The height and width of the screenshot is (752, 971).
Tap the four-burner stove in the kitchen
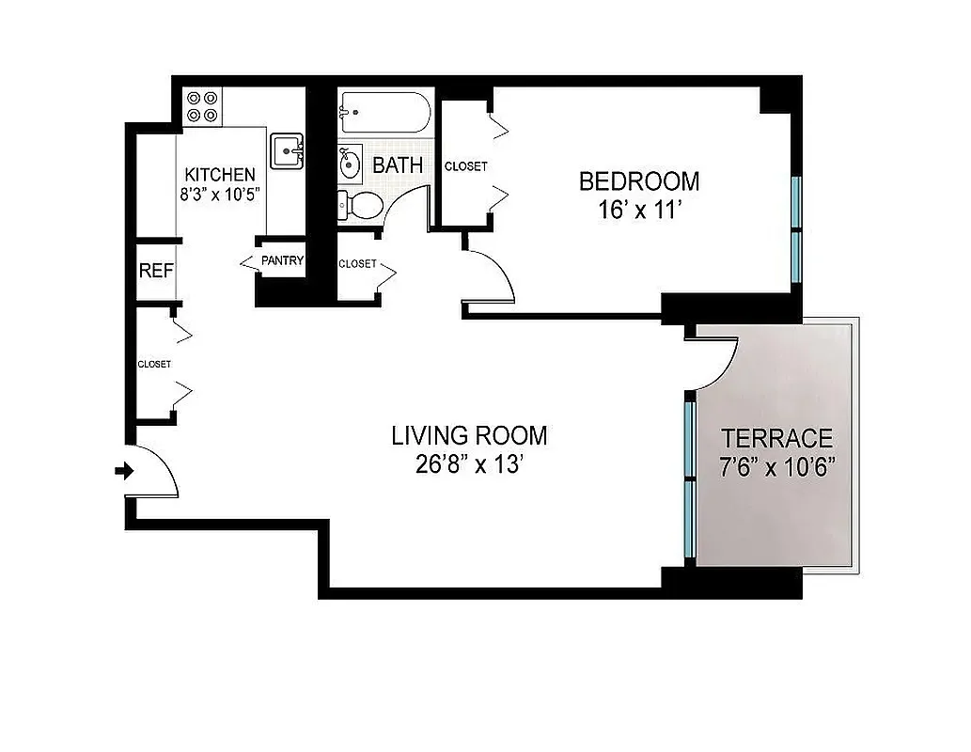pos(202,105)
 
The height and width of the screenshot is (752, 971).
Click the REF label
pos(156,271)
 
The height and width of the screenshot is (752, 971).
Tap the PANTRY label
pos(282,260)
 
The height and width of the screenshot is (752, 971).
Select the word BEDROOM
pos(638,180)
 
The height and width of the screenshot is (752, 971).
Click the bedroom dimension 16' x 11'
pos(638,210)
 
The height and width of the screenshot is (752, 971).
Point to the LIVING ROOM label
pos(469,436)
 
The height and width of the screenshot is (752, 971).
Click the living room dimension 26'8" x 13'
pos(469,465)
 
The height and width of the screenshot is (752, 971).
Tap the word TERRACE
pos(776,438)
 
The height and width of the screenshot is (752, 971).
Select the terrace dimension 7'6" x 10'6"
pos(776,467)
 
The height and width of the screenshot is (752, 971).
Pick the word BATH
pos(398,166)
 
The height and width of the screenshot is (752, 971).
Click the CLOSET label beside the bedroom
pos(466,166)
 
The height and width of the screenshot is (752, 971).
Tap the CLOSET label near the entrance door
pos(154,364)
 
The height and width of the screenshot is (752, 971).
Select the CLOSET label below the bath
pos(357,264)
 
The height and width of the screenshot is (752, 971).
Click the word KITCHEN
pos(219,175)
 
